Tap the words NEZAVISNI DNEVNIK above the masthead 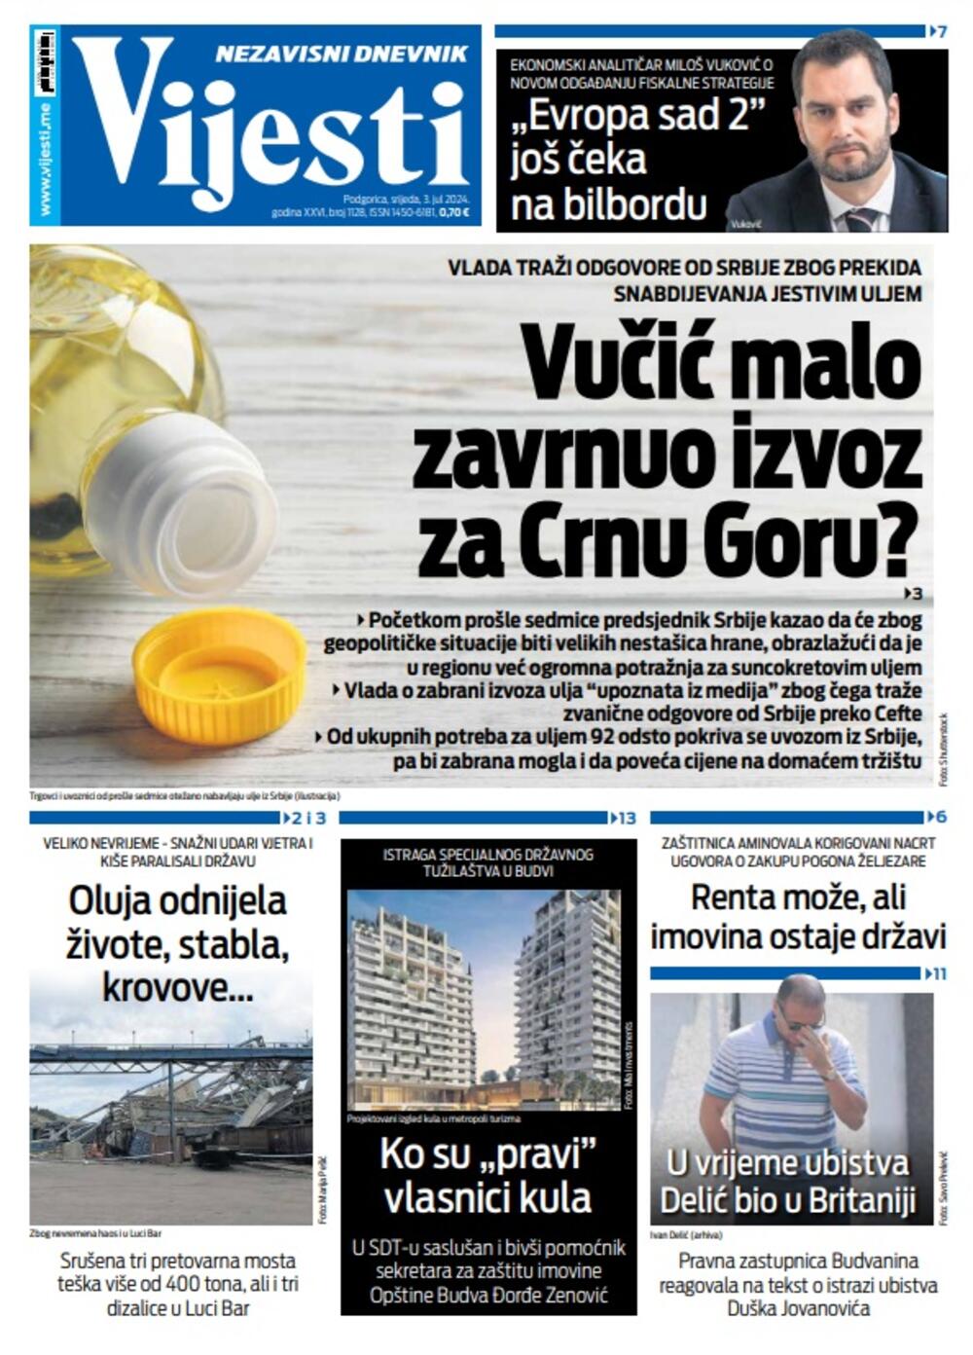click(x=342, y=54)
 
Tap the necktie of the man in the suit click(x=860, y=219)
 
